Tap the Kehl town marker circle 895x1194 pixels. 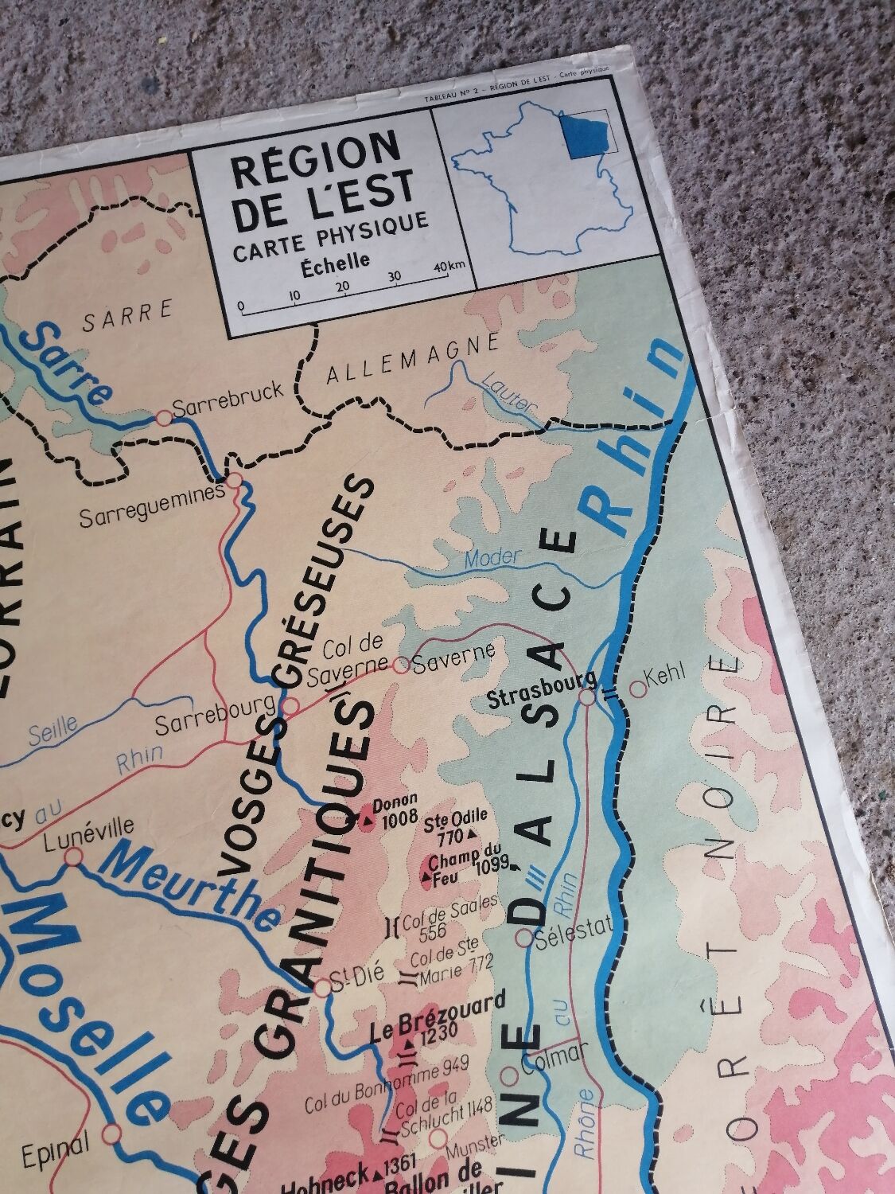637,689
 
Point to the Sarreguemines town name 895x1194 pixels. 152,517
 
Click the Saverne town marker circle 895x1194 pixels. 402,664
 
